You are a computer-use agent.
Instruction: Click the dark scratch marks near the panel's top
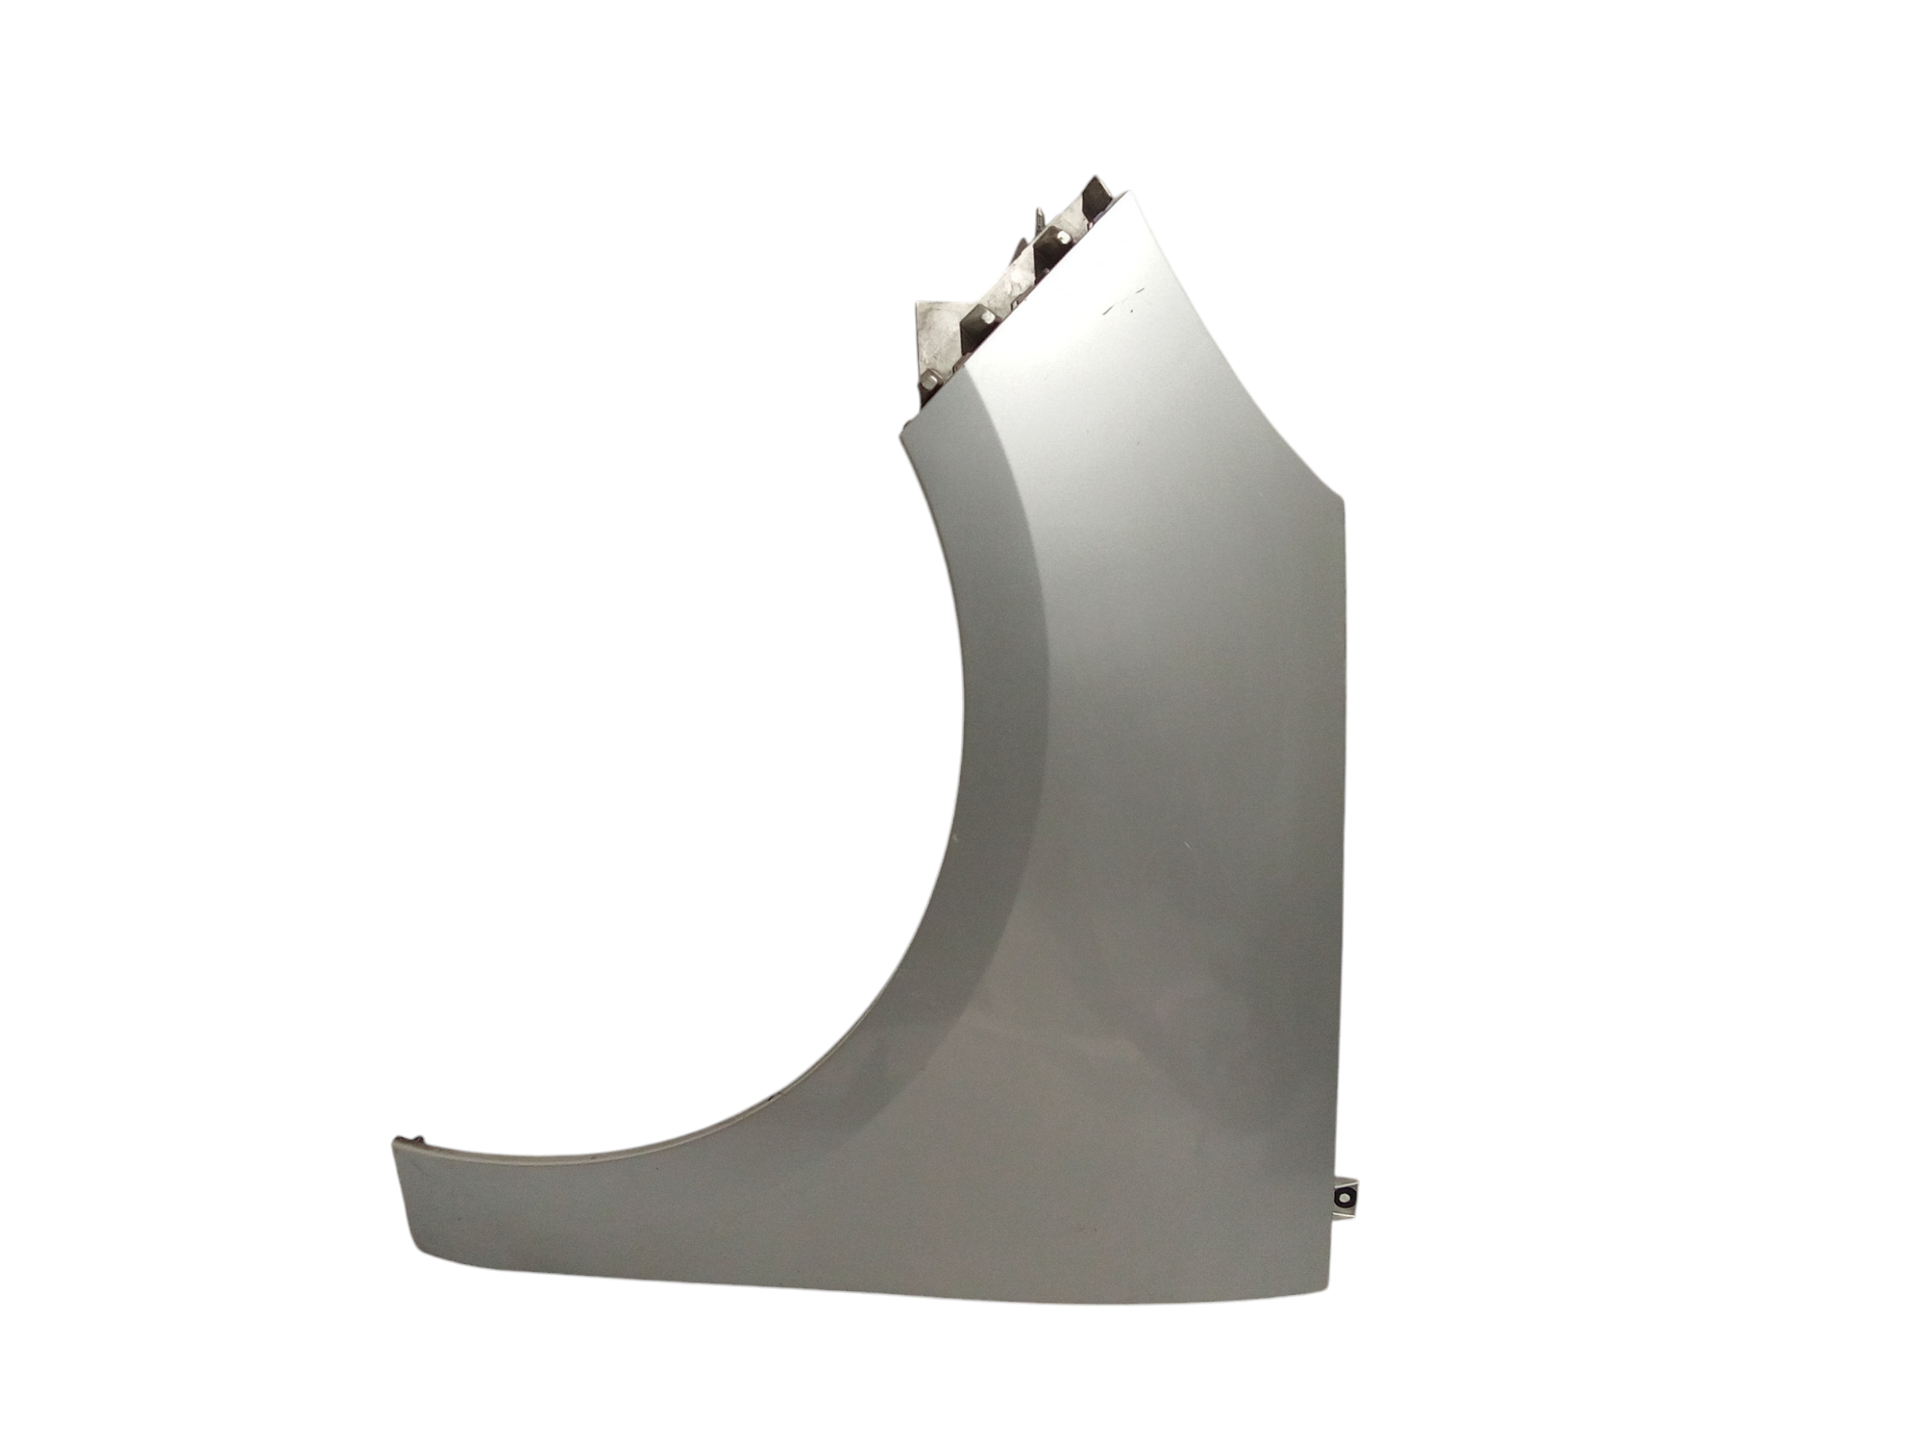point(1119,306)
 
